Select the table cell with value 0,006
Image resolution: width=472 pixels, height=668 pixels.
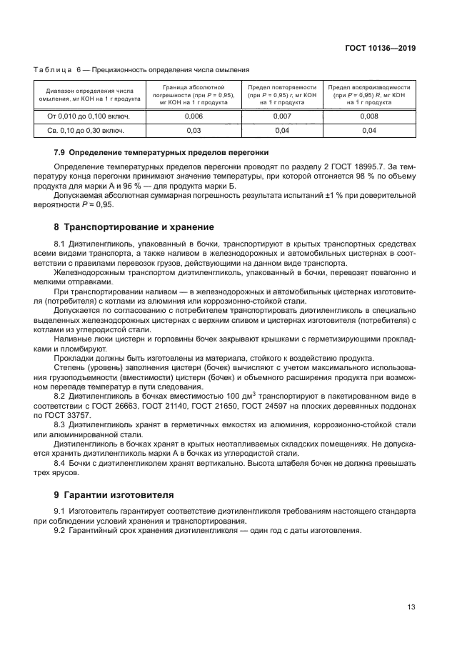[x=193, y=116]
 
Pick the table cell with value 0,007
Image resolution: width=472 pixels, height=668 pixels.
[x=282, y=116]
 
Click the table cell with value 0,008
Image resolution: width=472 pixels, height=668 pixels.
[x=368, y=116]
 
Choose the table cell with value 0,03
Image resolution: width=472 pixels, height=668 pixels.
[x=193, y=131]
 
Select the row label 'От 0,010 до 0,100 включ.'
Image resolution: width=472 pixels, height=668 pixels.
[x=88, y=116]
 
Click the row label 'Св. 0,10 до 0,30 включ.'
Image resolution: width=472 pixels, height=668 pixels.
[x=86, y=131]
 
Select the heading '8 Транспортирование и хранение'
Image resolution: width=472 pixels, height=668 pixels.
[x=134, y=227]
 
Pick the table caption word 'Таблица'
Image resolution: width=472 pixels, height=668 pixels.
[x=52, y=70]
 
